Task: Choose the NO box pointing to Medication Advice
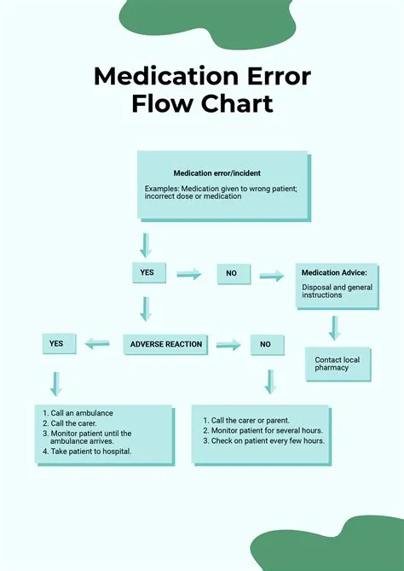(231, 274)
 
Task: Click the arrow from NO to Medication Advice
(272, 275)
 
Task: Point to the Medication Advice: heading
(334, 273)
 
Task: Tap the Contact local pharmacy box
(337, 364)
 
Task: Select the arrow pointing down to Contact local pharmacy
(334, 327)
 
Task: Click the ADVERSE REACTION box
(166, 344)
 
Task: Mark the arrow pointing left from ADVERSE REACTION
(96, 343)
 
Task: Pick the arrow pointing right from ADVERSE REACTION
(228, 344)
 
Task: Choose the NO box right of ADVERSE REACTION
(265, 344)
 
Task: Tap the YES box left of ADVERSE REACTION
(56, 343)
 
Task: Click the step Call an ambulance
(82, 413)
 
